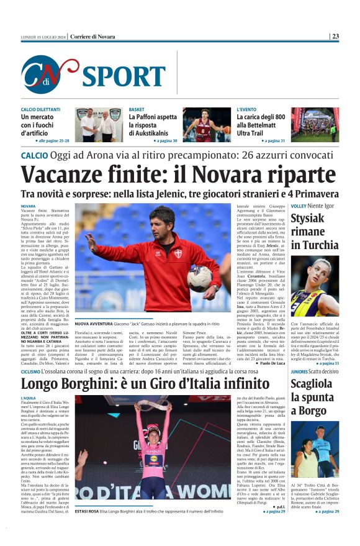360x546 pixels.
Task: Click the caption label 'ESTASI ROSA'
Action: tap(89, 511)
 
